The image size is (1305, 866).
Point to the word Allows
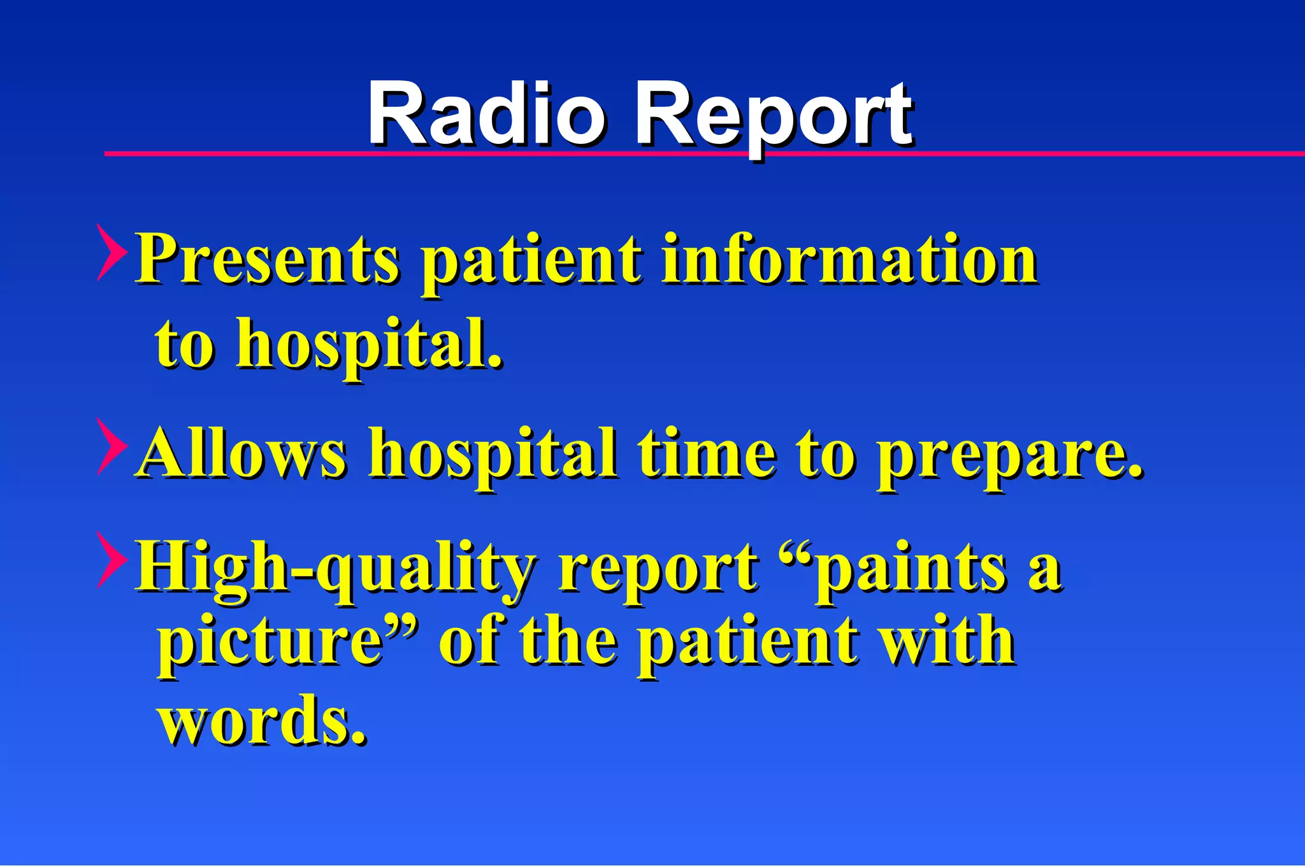(242, 453)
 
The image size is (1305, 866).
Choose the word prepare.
(1010, 456)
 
